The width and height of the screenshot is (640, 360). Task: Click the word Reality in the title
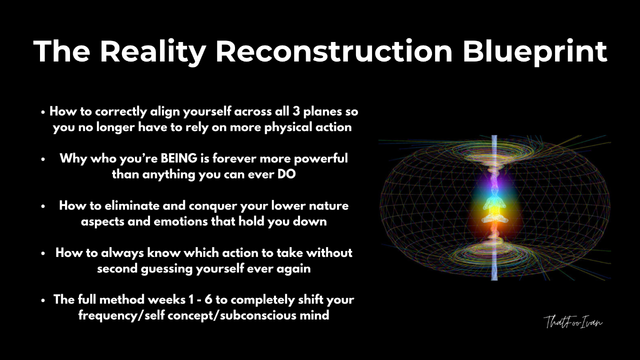(153, 52)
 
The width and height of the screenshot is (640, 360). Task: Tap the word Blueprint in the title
(535, 52)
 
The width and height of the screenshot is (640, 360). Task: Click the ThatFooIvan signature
(573, 322)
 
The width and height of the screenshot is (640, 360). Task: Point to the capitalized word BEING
(179, 158)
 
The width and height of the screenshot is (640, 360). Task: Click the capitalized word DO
(286, 174)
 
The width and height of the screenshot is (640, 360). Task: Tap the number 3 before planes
(295, 111)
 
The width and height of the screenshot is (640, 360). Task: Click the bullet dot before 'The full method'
(43, 300)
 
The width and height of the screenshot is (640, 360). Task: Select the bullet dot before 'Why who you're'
(43, 159)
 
